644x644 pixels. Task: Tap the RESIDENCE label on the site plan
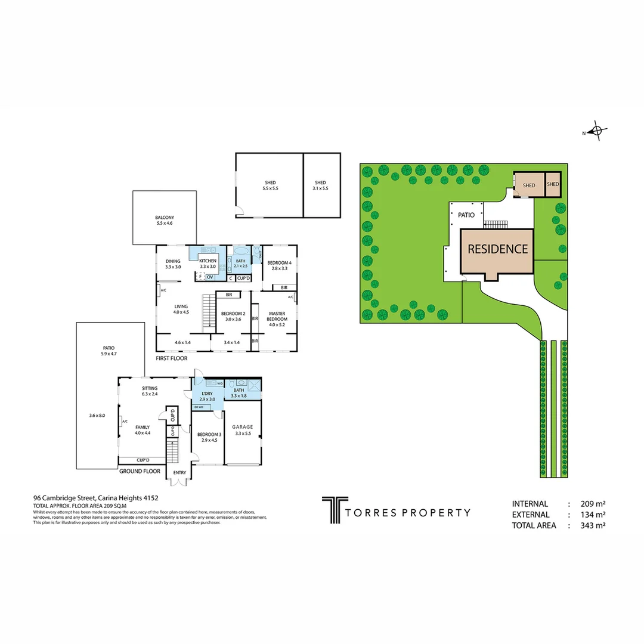pos(497,249)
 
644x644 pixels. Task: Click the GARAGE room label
pos(243,427)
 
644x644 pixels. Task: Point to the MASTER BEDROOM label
pos(277,316)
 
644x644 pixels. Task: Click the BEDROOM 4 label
pos(279,263)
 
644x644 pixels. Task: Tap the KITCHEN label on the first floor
pos(208,261)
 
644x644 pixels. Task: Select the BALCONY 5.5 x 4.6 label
pos(164,220)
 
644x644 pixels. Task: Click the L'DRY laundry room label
pos(207,394)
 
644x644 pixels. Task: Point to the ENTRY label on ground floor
pos(179,473)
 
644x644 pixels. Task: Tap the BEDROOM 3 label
pos(209,435)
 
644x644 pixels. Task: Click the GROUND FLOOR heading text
pos(140,471)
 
